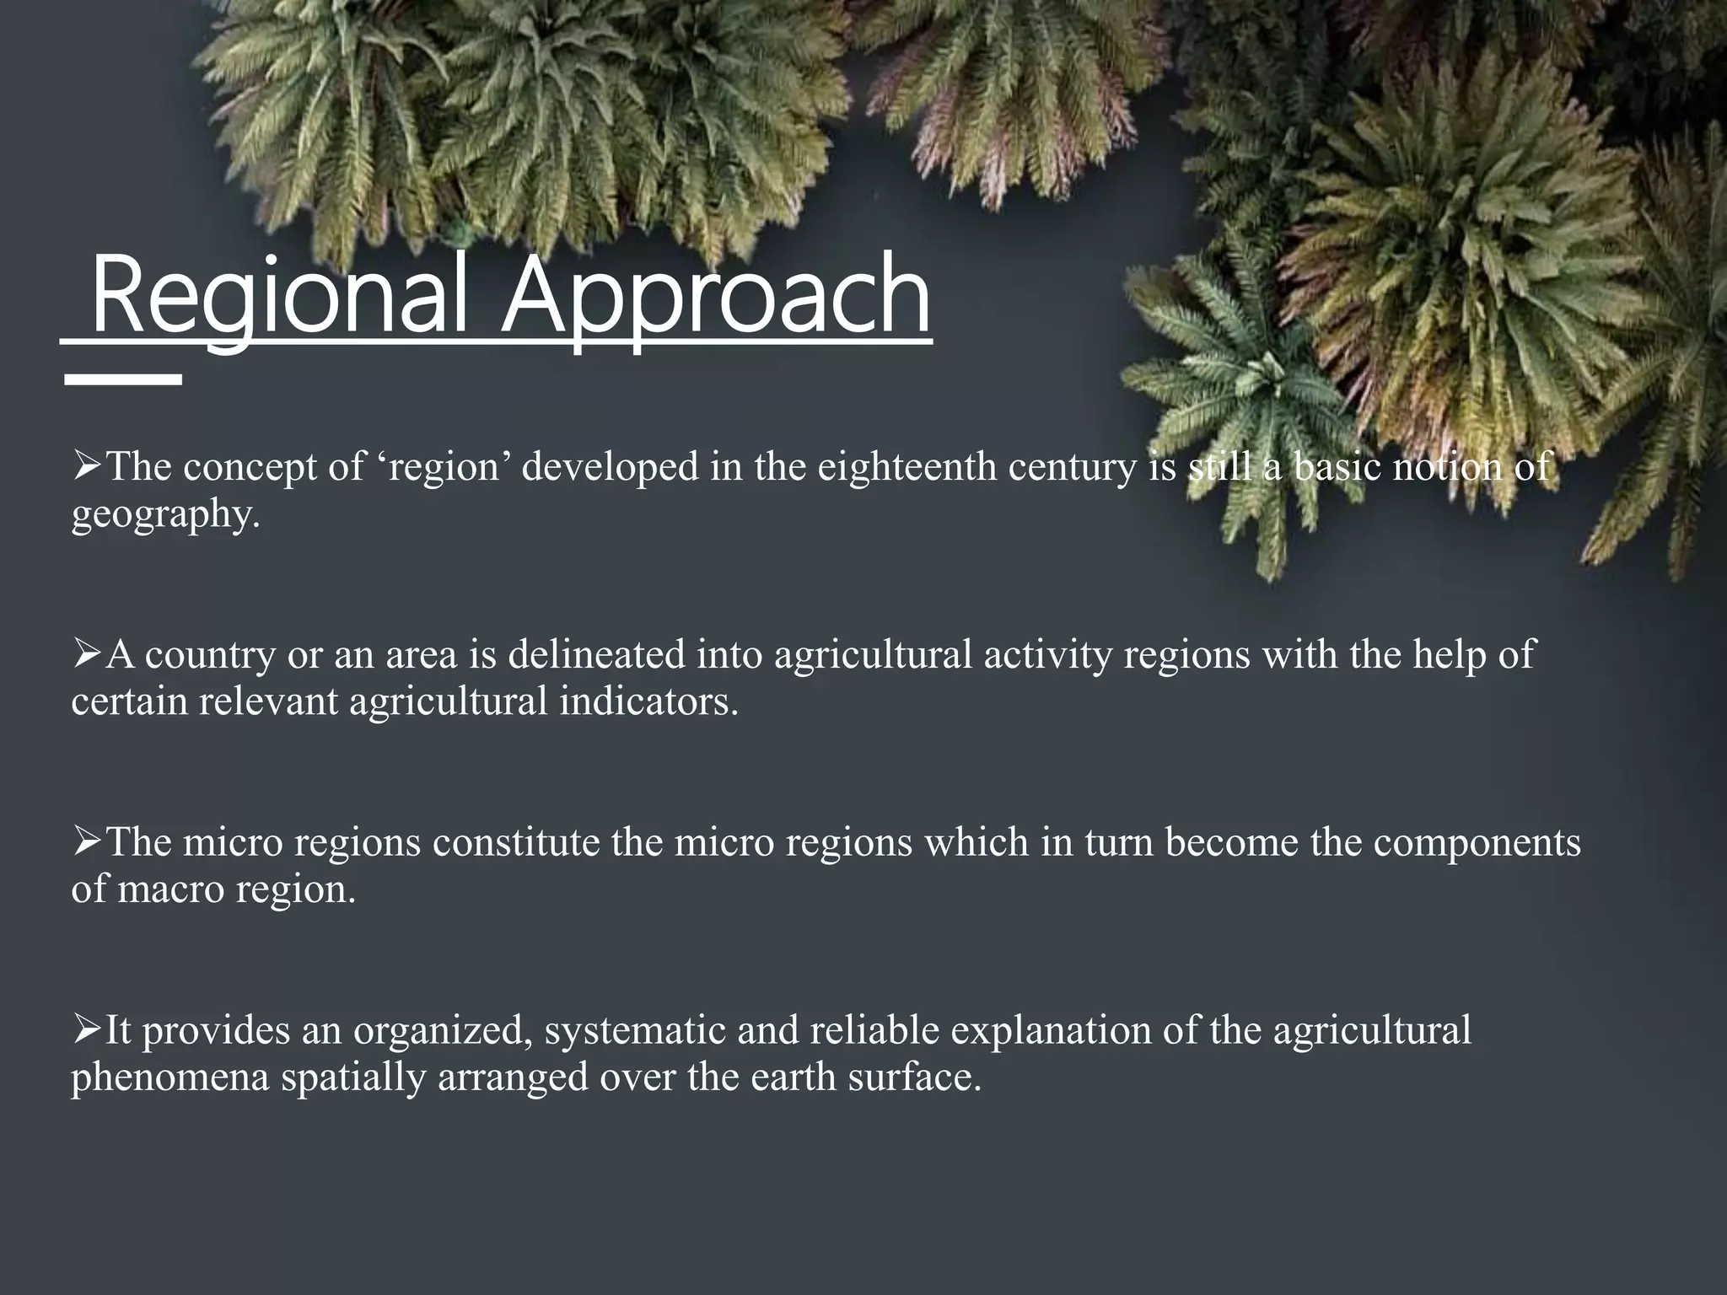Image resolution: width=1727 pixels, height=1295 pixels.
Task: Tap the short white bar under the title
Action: point(123,380)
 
